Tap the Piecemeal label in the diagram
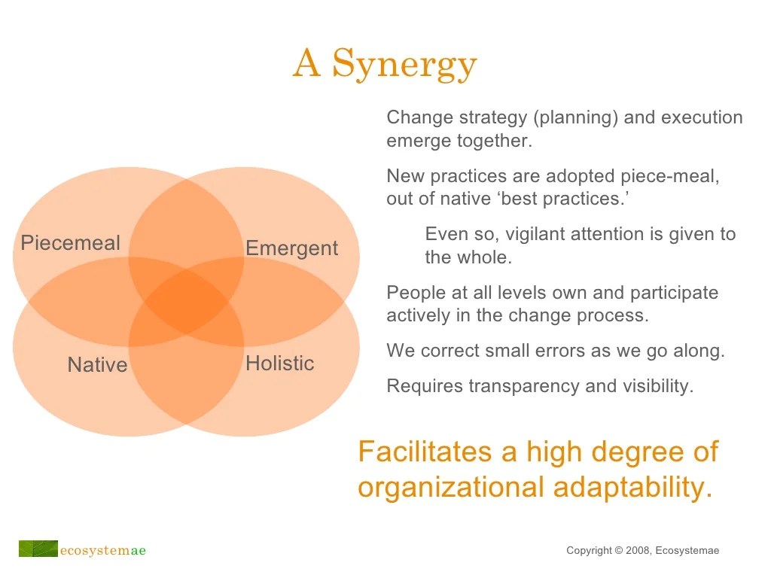[x=70, y=243]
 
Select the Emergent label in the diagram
[x=291, y=248]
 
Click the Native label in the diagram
[x=97, y=365]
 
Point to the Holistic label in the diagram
[x=279, y=364]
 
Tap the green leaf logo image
[x=38, y=549]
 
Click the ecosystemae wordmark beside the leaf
[x=102, y=550]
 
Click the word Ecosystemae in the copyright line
[x=687, y=551]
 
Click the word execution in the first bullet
[x=702, y=117]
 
